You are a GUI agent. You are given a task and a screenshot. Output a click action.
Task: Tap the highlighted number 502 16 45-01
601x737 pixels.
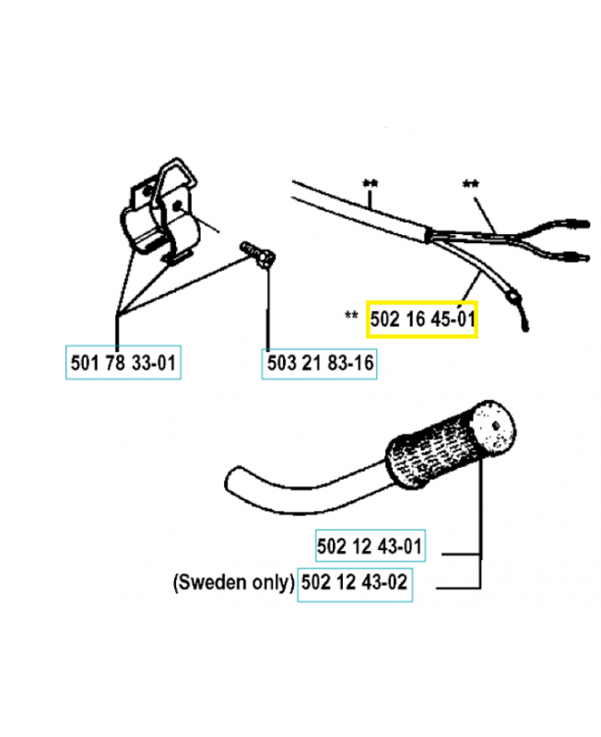click(x=422, y=320)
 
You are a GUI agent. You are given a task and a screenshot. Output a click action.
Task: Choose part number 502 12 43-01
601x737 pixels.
click(x=370, y=547)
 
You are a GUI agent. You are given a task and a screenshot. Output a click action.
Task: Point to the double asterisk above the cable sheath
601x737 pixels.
click(x=371, y=183)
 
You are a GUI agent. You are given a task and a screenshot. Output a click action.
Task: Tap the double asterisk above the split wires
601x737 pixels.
click(x=471, y=183)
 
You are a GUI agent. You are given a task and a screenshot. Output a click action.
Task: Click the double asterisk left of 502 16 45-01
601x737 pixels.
click(x=350, y=316)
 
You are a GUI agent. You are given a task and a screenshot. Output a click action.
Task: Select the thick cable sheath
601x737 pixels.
click(x=359, y=211)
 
